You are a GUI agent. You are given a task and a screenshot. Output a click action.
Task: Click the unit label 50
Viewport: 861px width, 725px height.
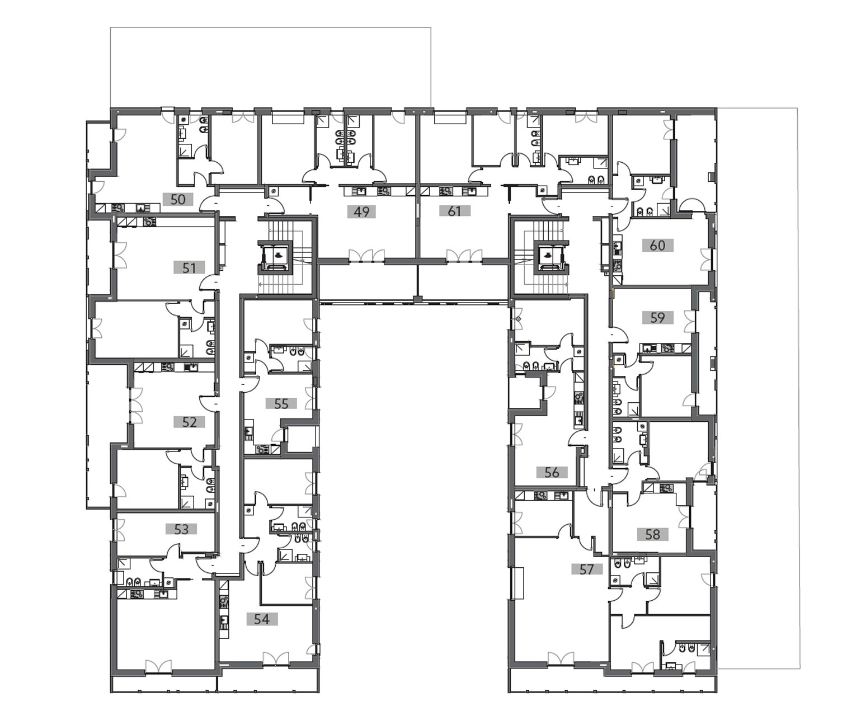coord(178,199)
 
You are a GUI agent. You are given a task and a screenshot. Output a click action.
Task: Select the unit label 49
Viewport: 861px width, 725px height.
coord(361,212)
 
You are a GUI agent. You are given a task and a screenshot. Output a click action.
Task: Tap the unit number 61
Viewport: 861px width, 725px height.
coord(454,211)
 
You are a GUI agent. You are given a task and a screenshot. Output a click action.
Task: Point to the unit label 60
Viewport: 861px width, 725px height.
coord(657,246)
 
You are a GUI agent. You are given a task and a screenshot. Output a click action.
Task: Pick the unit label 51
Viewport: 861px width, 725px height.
coord(189,267)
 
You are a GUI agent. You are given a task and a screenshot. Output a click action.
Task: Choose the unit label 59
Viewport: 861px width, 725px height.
coord(658,318)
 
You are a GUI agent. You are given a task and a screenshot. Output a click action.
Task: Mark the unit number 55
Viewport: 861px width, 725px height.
coord(281,403)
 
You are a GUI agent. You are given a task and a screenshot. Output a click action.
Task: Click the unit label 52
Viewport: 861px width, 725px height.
coord(189,422)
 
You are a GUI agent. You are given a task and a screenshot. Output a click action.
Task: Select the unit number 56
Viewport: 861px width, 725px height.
coord(552,472)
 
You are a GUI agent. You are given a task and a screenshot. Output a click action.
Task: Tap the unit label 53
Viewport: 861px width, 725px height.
coord(181,529)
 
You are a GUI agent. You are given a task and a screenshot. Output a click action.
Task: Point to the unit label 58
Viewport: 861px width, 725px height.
coord(653,534)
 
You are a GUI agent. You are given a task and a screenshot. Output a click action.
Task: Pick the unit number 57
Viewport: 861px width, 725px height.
coord(587,569)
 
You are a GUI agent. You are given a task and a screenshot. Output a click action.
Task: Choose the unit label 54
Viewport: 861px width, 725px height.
coord(262,619)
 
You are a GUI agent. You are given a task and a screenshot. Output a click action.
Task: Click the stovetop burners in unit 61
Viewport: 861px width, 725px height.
coord(445,191)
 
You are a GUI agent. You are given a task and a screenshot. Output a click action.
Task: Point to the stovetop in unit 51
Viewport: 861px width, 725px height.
coord(149,222)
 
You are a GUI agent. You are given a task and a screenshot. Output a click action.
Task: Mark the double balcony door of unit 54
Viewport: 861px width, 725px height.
coord(275,658)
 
